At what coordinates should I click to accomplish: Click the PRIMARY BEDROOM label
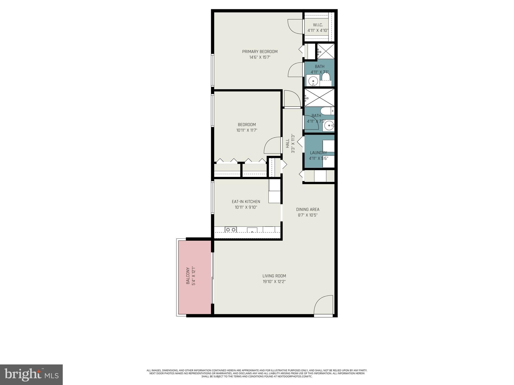(260, 52)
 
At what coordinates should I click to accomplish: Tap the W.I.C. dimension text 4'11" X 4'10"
(318, 31)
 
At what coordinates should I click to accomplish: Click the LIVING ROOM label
(274, 276)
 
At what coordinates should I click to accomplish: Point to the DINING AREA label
(307, 210)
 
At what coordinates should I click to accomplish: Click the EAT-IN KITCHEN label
(246, 202)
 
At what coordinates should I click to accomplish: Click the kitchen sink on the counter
(252, 230)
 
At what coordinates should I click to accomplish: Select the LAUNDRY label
(318, 153)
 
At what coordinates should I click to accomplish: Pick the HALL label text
(288, 143)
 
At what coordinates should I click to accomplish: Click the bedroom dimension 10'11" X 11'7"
(247, 130)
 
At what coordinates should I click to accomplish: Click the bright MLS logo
(31, 374)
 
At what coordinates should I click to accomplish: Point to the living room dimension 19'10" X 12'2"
(274, 282)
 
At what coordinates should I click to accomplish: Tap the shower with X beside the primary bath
(326, 51)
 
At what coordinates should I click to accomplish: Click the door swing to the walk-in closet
(295, 27)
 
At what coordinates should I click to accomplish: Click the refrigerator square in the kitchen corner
(275, 197)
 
